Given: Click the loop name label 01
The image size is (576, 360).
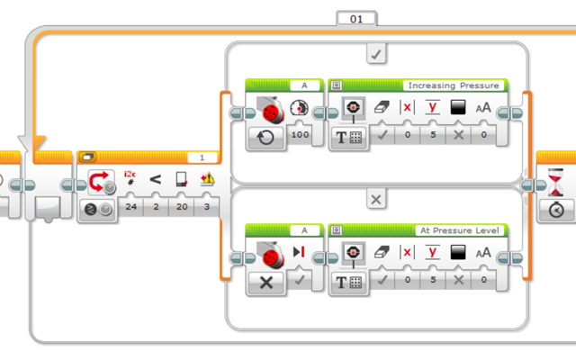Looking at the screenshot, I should [x=356, y=17].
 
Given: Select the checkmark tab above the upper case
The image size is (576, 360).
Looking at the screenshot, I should [x=375, y=54].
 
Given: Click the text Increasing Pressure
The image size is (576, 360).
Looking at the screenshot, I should [x=454, y=85].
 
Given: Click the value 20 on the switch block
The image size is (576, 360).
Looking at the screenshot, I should [x=182, y=207].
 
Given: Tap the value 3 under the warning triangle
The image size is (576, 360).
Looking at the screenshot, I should [x=208, y=207].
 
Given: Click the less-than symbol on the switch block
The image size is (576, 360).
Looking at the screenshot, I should [x=156, y=179].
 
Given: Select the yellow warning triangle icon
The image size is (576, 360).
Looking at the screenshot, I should [x=208, y=179].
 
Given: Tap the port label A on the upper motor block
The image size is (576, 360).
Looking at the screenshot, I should [x=305, y=85].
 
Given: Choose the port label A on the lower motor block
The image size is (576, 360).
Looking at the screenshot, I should [x=305, y=230].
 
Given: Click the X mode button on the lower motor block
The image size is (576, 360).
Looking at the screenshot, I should [x=266, y=281].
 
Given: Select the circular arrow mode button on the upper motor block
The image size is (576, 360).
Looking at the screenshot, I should [x=266, y=136].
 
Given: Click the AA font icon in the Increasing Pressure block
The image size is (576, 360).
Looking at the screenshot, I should [x=483, y=109].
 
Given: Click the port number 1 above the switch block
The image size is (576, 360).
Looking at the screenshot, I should [x=202, y=157].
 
